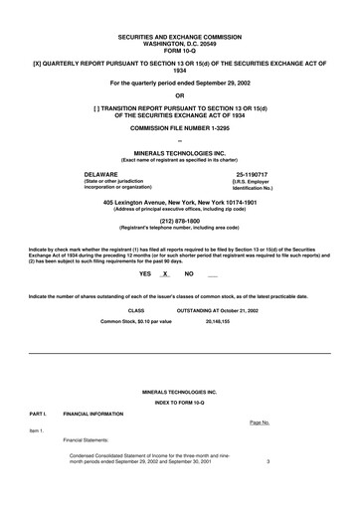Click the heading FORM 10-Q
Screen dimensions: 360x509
[x=179, y=48]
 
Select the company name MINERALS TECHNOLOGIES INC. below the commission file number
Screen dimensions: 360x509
[x=180, y=152]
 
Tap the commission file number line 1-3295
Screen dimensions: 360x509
[x=180, y=129]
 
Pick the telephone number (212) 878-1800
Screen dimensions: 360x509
[x=180, y=222]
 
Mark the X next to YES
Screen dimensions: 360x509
[x=165, y=273]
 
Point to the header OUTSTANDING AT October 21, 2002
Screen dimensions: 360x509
[x=217, y=310]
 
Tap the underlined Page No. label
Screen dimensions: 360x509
[x=260, y=423]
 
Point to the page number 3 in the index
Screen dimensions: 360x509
[x=269, y=462]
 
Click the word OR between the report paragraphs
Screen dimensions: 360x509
[x=180, y=95]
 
